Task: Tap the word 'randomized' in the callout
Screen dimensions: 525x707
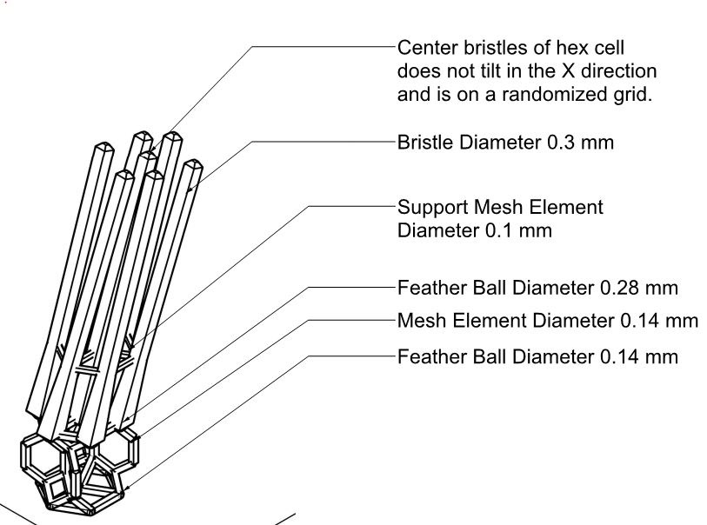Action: click(x=557, y=95)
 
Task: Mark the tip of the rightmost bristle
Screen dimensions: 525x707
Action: click(x=193, y=165)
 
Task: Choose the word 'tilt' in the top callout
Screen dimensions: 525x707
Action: click(x=508, y=70)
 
